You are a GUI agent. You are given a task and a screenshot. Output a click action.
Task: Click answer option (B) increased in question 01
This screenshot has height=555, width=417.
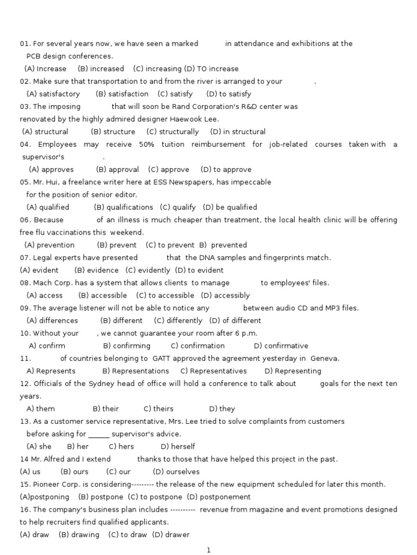(x=101, y=69)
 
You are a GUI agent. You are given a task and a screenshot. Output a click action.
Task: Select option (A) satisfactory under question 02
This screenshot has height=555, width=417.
(x=53, y=94)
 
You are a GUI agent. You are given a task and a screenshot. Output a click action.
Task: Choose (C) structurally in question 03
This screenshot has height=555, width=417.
(x=173, y=132)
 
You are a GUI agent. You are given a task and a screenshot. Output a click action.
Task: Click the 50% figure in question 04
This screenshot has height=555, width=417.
(x=147, y=145)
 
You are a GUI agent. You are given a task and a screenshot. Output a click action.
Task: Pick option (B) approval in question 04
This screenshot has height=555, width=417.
(x=117, y=170)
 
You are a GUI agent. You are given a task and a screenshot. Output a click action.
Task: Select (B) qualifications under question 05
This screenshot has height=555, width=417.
(x=123, y=208)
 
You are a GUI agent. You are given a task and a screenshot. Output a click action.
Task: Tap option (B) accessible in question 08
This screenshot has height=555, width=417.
(x=103, y=296)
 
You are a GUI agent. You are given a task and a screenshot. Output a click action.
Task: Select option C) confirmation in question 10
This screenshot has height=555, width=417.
(x=198, y=346)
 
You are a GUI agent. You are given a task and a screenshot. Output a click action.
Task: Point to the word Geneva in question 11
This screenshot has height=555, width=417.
(x=325, y=359)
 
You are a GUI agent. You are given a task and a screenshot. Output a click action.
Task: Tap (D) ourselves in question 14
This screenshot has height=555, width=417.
(x=176, y=472)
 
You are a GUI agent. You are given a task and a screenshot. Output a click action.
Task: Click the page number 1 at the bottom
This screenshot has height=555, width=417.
(x=208, y=551)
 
